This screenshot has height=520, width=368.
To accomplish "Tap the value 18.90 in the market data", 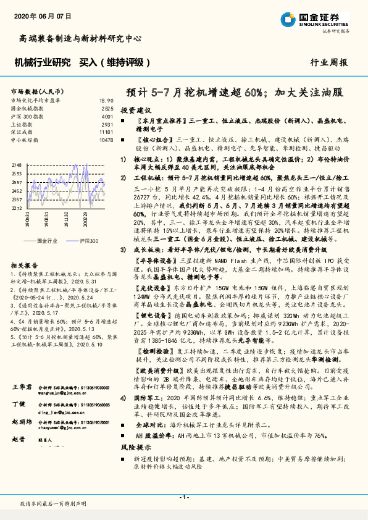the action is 106,100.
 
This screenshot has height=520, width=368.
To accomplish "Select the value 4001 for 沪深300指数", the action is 107,116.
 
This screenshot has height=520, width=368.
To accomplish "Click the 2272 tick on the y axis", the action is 17,208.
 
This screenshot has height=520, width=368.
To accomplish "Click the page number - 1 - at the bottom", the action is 183,497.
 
